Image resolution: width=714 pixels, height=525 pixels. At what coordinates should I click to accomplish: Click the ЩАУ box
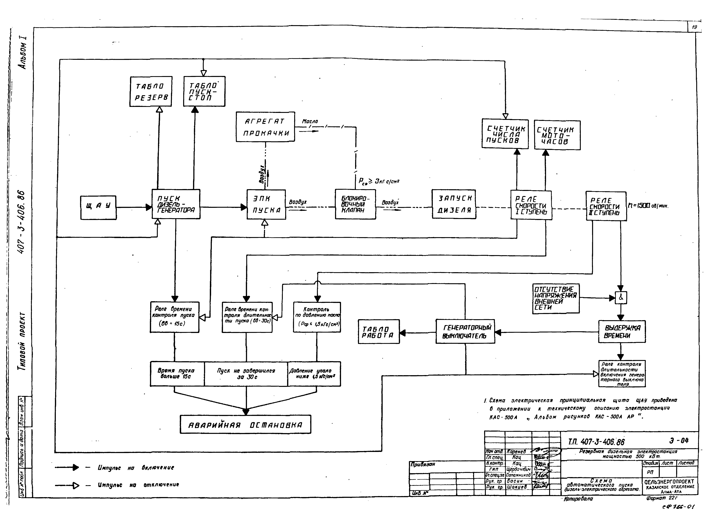(98, 208)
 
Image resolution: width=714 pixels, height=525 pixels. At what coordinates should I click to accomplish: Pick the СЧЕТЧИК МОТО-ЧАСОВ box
(557, 135)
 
